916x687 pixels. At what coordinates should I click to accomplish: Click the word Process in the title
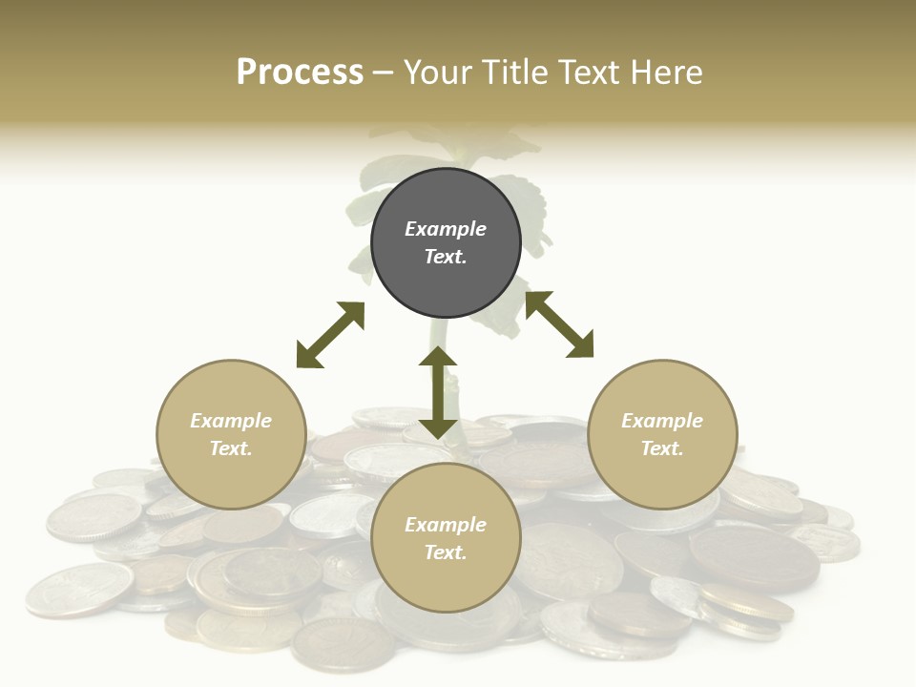click(x=300, y=73)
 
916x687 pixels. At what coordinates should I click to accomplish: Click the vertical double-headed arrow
click(x=438, y=393)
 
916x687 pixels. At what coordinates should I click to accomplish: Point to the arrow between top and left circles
click(x=330, y=335)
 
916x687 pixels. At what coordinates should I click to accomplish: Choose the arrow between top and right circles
click(x=559, y=324)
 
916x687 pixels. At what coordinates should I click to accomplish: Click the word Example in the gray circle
click(x=446, y=229)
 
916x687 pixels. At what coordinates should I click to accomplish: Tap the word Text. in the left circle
click(x=231, y=448)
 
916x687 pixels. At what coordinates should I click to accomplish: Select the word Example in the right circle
click(x=662, y=421)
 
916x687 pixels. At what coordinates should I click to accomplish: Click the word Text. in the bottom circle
click(x=446, y=552)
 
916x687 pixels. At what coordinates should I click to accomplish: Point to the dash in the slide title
click(x=384, y=73)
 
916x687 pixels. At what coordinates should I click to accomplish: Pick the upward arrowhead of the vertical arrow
click(x=438, y=356)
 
